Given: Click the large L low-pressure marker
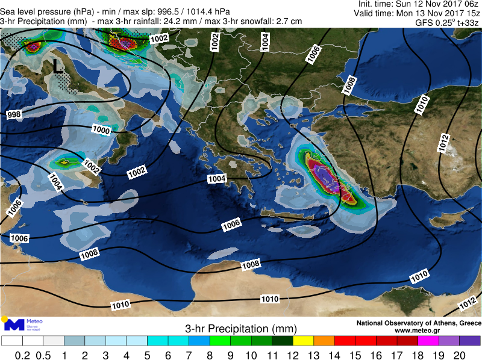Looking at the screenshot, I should tap(57, 66).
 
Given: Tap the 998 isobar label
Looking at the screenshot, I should tap(14, 114).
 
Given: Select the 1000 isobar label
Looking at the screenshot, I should tap(101, 129).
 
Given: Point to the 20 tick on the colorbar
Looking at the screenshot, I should tap(459, 355).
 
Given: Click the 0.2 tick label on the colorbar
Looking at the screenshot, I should tap(22, 355).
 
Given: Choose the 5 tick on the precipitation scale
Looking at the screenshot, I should tap(147, 355).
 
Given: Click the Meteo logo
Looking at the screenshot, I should tap(23, 325).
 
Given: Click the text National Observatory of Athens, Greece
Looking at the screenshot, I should tap(419, 323).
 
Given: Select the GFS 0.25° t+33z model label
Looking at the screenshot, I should tap(447, 22).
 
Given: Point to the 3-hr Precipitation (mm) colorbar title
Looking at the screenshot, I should tap(241, 329).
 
